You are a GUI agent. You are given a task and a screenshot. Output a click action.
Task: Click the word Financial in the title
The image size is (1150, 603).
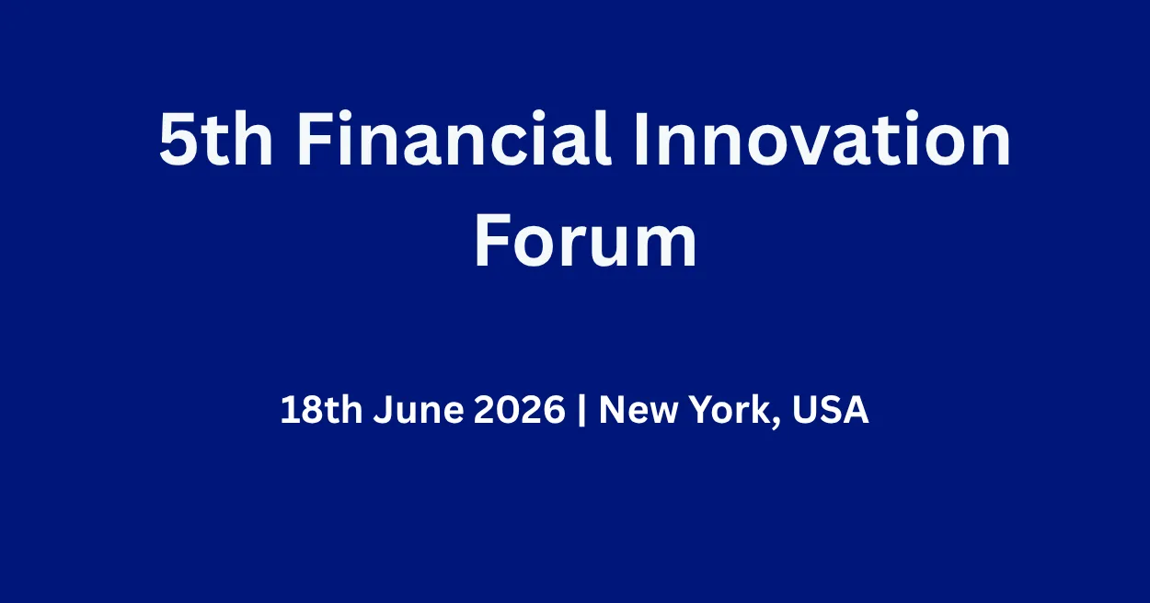click(x=454, y=139)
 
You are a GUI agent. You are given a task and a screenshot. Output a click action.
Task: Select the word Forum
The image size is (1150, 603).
click(x=585, y=241)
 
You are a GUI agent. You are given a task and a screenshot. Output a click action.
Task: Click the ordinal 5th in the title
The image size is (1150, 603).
click(x=215, y=139)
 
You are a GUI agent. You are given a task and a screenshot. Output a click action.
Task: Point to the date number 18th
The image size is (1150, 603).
click(x=321, y=410)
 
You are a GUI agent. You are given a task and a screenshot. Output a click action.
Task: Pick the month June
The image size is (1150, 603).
click(x=419, y=410)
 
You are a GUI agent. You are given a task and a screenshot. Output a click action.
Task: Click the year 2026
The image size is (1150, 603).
click(x=519, y=410)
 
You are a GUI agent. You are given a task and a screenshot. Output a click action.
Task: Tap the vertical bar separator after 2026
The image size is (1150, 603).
click(x=581, y=410)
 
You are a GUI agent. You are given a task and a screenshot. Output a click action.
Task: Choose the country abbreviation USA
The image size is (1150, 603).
click(x=830, y=410)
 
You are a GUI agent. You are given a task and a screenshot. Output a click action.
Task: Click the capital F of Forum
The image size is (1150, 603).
click(x=493, y=241)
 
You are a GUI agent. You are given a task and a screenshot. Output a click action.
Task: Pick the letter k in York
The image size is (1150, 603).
click(x=762, y=409)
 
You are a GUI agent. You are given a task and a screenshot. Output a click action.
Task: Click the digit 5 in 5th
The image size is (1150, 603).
click(x=178, y=140)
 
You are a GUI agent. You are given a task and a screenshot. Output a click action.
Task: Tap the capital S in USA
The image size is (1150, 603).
click(x=831, y=410)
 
